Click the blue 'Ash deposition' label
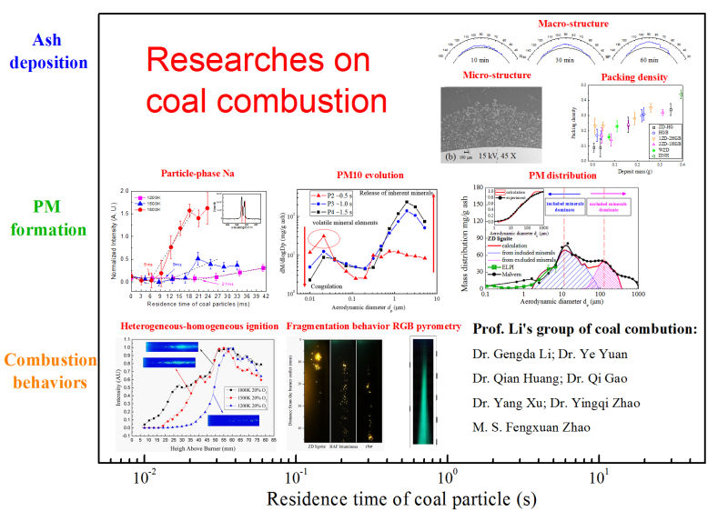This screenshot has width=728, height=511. click(x=60, y=53)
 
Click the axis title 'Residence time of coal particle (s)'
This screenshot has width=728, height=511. click(x=400, y=498)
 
